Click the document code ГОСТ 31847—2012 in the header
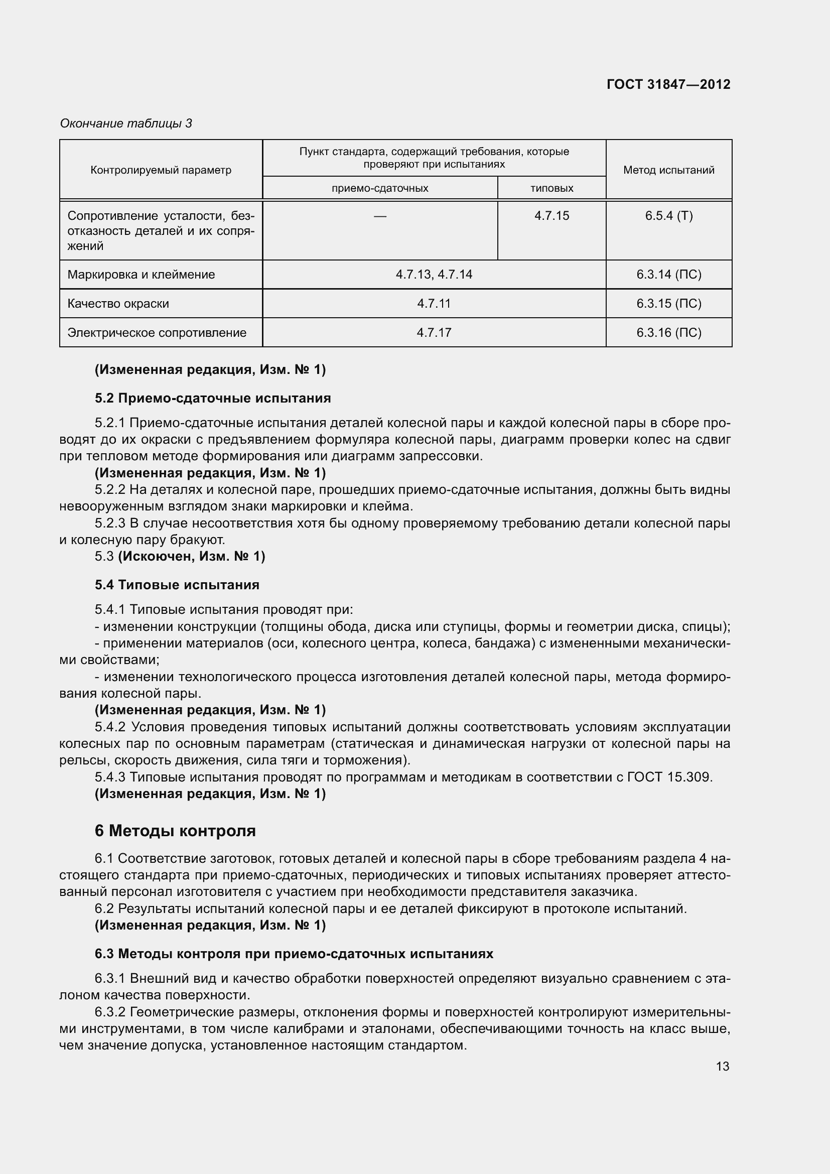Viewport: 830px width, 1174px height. pyautogui.click(x=668, y=84)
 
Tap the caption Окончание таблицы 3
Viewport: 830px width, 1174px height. pyautogui.click(x=126, y=123)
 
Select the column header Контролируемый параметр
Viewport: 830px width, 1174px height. pyautogui.click(x=161, y=170)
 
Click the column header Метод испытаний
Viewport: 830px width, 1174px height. pyautogui.click(x=668, y=170)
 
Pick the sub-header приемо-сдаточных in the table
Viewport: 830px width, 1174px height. pyautogui.click(x=380, y=188)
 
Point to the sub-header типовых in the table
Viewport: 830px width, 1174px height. pyautogui.click(x=551, y=188)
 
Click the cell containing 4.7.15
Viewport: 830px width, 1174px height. pyautogui.click(x=551, y=216)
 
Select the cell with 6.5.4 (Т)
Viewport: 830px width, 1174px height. pyautogui.click(x=668, y=216)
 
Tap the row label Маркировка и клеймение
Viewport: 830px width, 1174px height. pyautogui.click(x=141, y=275)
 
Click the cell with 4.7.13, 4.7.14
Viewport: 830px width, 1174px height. pyautogui.click(x=434, y=275)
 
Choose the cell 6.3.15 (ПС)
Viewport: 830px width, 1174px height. pyautogui.click(x=668, y=304)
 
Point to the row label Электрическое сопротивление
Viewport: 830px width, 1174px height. pyautogui.click(x=157, y=333)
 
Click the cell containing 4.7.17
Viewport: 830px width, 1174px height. pyautogui.click(x=434, y=333)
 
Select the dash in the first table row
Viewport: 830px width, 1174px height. pyautogui.click(x=380, y=216)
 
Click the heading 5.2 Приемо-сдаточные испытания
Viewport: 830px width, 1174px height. pyautogui.click(x=213, y=399)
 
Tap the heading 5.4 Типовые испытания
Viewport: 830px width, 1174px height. pyautogui.click(x=177, y=585)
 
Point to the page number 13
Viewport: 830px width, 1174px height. pyautogui.click(x=722, y=1067)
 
